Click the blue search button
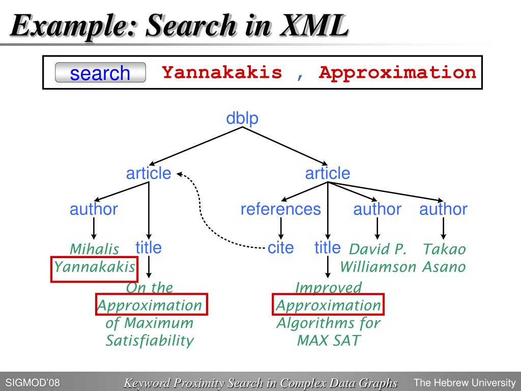100,73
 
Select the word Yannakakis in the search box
222,73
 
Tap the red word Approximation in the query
397,73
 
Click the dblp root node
242,118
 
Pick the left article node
149,174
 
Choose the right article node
328,174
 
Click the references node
281,209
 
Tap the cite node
281,248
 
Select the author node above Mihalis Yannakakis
94,209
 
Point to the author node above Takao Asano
443,209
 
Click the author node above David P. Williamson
378,209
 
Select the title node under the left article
149,248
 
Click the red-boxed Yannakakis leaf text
95,267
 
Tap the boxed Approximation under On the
150,305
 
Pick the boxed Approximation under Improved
328,305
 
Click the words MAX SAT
328,341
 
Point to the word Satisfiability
150,341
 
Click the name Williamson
378,267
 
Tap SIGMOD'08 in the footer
33,382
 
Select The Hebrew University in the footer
465,382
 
